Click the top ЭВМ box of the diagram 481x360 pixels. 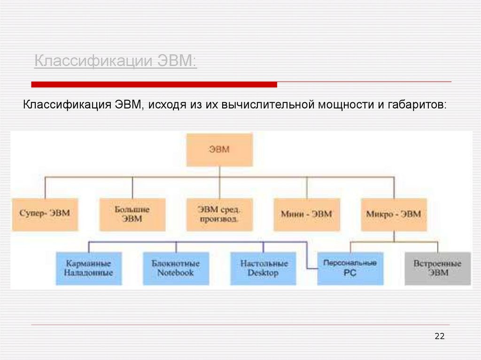pyautogui.click(x=219, y=150)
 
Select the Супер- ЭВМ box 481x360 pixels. pyautogui.click(x=45, y=214)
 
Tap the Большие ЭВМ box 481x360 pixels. pyautogui.click(x=132, y=214)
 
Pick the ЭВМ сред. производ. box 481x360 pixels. pyautogui.click(x=219, y=214)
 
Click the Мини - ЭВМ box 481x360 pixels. pyautogui.click(x=306, y=214)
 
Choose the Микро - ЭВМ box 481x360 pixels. pyautogui.click(x=394, y=214)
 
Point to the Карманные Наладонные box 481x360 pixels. pyautogui.click(x=89, y=268)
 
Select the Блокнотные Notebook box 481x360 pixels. pyautogui.click(x=176, y=268)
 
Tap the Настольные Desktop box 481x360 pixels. pyautogui.click(x=263, y=268)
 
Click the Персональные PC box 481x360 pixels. pyautogui.click(x=350, y=268)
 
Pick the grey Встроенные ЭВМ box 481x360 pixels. pyautogui.click(x=437, y=268)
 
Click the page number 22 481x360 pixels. pyautogui.click(x=440, y=336)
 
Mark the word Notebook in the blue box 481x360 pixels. pyautogui.click(x=176, y=273)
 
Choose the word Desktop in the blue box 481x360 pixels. pyautogui.click(x=263, y=273)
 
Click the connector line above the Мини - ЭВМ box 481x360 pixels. pyautogui.click(x=306, y=187)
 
